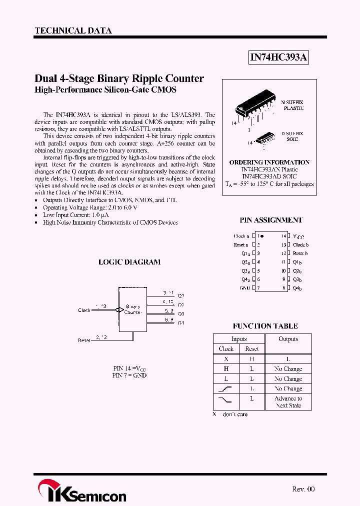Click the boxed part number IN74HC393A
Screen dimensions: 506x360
[x=278, y=58]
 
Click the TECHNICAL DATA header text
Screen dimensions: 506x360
[x=73, y=30]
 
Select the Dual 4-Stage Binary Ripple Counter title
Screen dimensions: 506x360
[x=119, y=78]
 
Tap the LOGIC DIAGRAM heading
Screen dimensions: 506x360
[x=129, y=262]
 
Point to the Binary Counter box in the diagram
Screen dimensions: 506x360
[x=132, y=309]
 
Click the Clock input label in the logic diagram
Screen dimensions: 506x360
[x=84, y=310]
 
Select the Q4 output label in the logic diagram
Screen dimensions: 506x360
[x=180, y=322]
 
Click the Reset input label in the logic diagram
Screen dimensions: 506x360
[x=84, y=340]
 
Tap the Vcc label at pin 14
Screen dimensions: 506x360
[x=298, y=236]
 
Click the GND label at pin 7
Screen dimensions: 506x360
[x=245, y=288]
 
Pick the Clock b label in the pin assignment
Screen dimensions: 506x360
[x=301, y=245]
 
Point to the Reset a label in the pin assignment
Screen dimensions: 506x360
[x=240, y=245]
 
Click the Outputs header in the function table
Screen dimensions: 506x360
[x=288, y=339]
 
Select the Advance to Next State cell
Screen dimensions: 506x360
[x=288, y=402]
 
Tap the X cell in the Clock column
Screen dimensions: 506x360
[x=226, y=359]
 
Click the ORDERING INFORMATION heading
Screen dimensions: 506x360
[x=269, y=162]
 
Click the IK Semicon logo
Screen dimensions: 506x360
[x=82, y=491]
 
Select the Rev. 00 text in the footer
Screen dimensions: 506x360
[x=303, y=489]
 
